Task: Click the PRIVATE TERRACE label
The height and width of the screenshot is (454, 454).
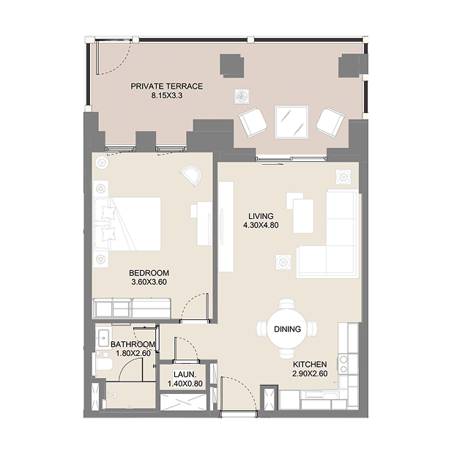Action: click(166, 86)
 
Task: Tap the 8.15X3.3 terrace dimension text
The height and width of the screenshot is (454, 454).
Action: click(167, 95)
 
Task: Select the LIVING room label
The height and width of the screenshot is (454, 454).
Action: click(261, 216)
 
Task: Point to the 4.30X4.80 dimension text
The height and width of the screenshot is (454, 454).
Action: click(261, 225)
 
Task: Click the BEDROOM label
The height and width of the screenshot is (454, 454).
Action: click(149, 273)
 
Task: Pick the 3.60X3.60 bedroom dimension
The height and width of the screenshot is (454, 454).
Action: click(149, 282)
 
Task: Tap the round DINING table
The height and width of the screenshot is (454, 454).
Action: click(287, 330)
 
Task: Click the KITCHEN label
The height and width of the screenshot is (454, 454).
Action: click(310, 365)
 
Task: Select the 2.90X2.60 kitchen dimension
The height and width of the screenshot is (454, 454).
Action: click(310, 373)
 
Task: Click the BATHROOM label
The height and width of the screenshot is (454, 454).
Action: click(133, 344)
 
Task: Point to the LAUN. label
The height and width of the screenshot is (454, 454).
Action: click(185, 375)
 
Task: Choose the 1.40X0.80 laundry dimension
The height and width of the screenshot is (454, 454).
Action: click(185, 384)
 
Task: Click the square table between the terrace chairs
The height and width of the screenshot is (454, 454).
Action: click(291, 122)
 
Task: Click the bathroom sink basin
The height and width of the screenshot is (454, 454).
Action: click(103, 338)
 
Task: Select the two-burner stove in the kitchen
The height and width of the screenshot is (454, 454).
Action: click(343, 364)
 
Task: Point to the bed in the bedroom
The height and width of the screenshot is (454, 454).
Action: click(127, 224)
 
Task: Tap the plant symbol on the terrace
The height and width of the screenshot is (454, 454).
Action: click(242, 96)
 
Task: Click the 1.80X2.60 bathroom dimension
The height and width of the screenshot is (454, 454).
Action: click(133, 353)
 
